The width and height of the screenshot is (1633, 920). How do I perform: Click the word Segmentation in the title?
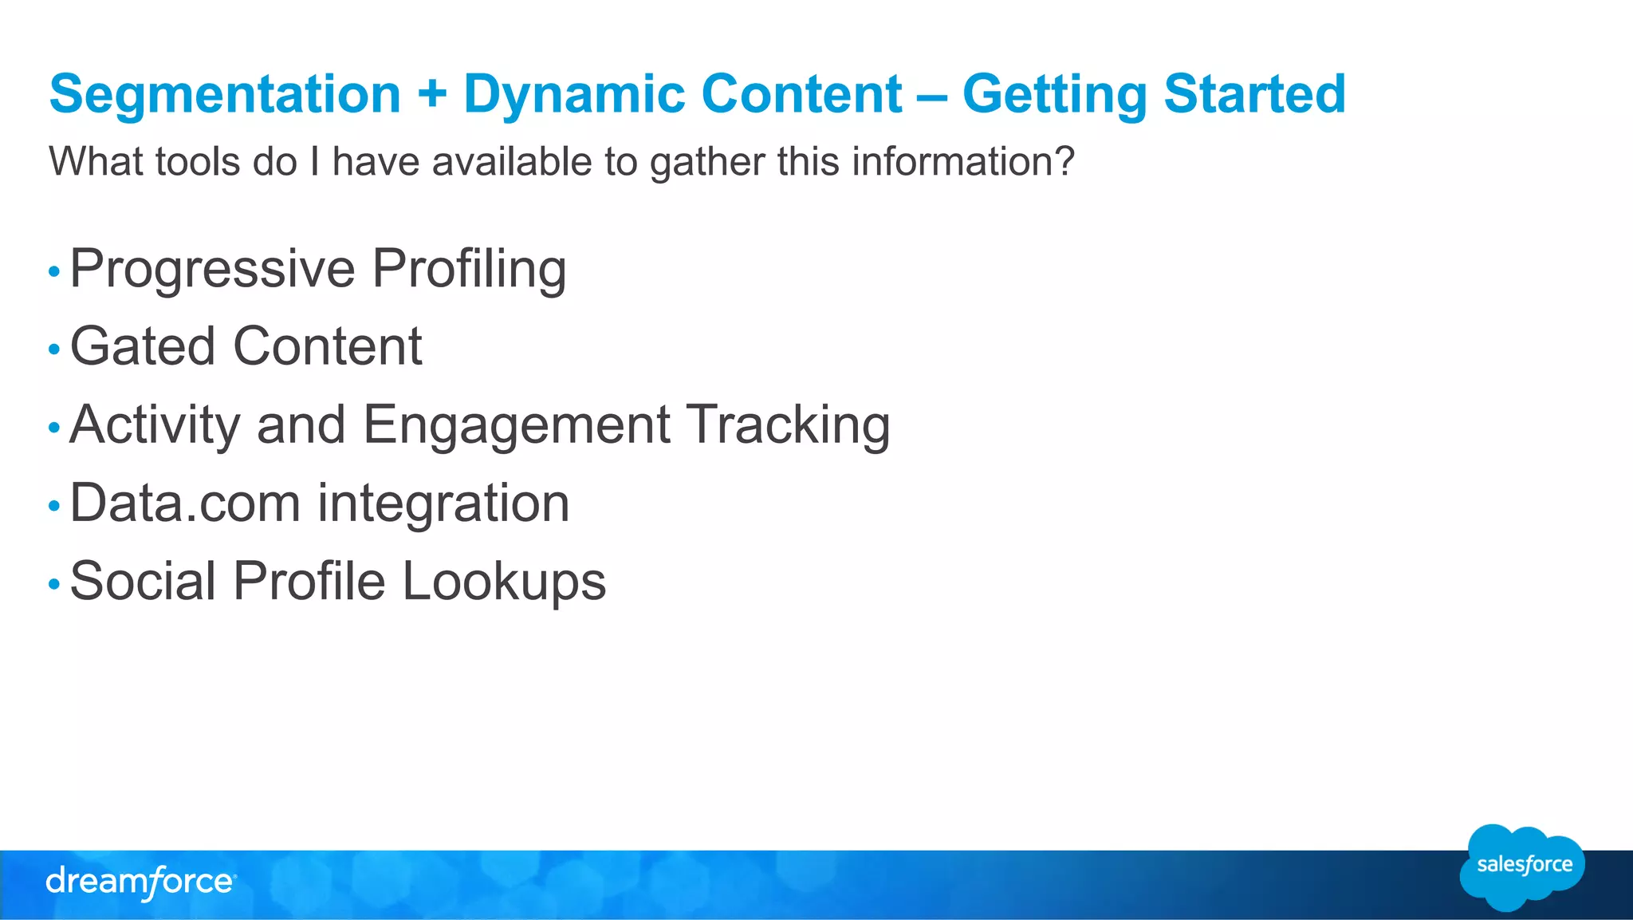coord(225,94)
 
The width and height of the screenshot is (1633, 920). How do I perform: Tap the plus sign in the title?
coord(431,94)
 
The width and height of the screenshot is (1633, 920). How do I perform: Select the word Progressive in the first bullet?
coord(212,269)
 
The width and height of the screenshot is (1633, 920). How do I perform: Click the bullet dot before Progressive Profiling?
coord(54,272)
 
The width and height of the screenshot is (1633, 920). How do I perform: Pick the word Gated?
coord(143,346)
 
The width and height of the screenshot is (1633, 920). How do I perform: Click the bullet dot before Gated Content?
coord(54,349)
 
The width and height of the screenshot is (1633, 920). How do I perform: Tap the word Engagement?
coord(516,424)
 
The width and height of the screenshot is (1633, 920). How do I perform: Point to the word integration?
coord(443,503)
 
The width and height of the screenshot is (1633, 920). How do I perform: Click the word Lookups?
coord(504,581)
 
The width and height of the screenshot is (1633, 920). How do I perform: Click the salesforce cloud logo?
coord(1523,867)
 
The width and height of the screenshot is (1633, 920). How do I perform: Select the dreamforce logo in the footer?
coord(140,882)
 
